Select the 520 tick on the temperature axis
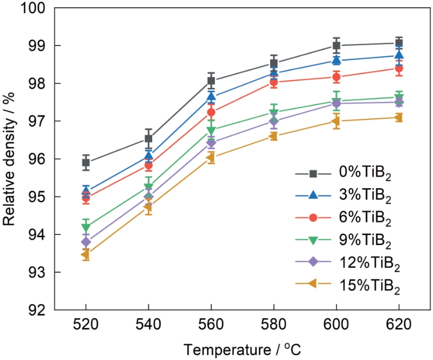pos(86,326)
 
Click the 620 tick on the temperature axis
pos(399,326)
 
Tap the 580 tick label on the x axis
pos(274,326)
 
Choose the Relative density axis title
pos(10,159)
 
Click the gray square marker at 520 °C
pos(86,163)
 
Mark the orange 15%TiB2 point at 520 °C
pos(86,255)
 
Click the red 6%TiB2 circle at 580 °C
pos(274,82)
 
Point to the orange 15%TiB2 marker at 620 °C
pos(399,117)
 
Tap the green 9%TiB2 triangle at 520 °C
pos(86,227)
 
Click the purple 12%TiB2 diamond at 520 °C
pos(86,242)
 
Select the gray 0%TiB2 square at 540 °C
pos(149,139)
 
